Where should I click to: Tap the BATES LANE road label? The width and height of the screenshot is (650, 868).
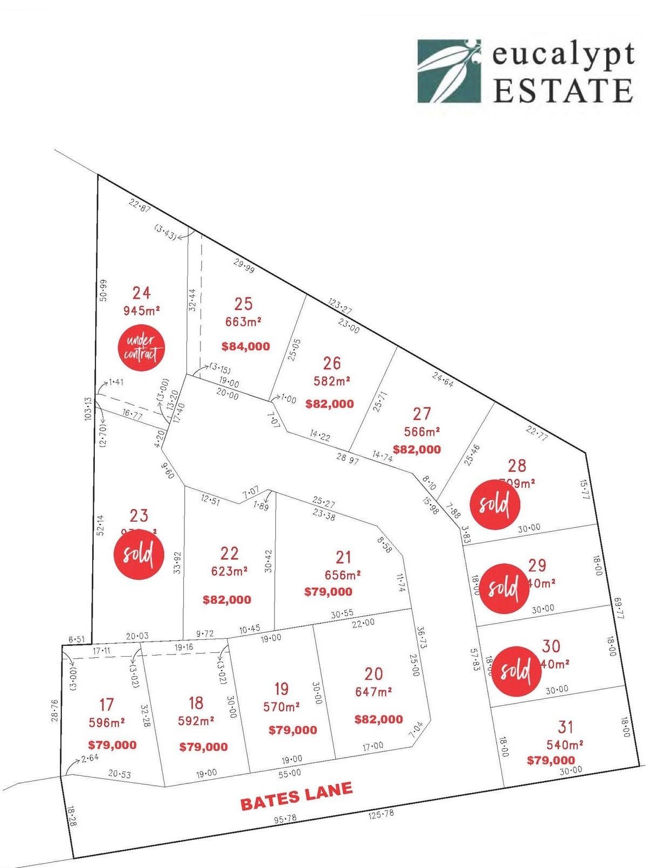pos(296,796)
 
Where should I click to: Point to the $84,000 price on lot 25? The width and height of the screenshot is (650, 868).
pos(246,347)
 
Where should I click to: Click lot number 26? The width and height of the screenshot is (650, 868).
pos(332,363)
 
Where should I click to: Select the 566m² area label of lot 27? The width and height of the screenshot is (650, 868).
pos(422,432)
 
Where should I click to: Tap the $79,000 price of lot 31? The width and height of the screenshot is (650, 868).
pos(550,760)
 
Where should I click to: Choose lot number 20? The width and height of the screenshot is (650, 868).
pos(374,674)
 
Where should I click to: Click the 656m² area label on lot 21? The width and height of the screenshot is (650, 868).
pos(343,575)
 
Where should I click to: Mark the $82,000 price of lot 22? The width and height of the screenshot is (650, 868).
pos(227,600)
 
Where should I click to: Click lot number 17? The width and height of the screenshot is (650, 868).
pos(107,704)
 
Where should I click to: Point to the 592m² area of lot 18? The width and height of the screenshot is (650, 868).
pos(196,721)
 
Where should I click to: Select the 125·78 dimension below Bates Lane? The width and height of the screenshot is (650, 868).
pos(381,814)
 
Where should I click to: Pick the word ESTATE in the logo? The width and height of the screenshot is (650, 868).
pos(563,90)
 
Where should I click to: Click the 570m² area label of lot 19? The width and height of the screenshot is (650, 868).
pos(281,706)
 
